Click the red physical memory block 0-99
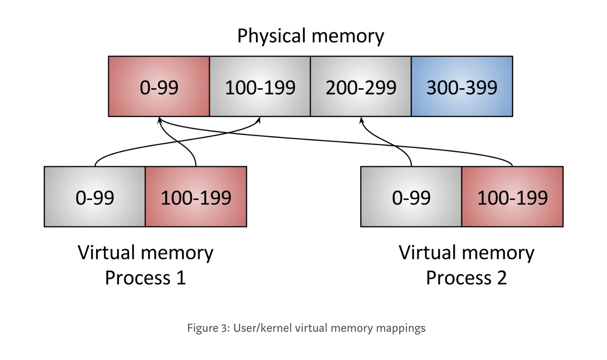point(159,87)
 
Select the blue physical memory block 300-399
point(462,87)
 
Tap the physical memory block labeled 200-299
point(361,87)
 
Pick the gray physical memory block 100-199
point(260,87)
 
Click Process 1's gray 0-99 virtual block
point(95,197)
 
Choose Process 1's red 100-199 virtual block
point(196,197)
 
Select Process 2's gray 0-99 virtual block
point(411,197)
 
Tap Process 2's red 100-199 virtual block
point(512,197)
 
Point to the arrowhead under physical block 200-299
point(361,120)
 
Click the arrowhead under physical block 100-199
point(259,120)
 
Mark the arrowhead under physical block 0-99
point(159,120)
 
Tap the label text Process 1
point(145,278)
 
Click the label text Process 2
point(466,278)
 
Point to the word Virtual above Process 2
point(427,253)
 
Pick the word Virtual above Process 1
point(106,253)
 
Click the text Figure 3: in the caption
point(209,328)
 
